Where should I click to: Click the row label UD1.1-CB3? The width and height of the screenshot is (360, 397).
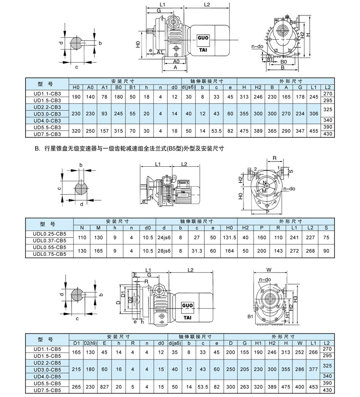point(47,93)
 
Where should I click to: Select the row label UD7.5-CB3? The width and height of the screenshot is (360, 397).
point(47,134)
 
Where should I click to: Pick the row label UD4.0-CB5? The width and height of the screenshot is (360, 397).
point(47,376)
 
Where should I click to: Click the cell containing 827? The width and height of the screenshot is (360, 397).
point(104,386)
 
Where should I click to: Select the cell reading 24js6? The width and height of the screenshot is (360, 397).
point(165,237)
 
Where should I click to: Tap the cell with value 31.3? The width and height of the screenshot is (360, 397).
point(197,251)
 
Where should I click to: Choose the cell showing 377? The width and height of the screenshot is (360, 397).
point(313,369)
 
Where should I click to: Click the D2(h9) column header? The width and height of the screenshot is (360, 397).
point(91,343)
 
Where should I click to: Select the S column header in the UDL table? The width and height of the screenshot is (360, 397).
point(326,227)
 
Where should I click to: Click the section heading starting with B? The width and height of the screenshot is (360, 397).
point(129,149)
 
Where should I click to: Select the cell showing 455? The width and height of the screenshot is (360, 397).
point(313,131)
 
